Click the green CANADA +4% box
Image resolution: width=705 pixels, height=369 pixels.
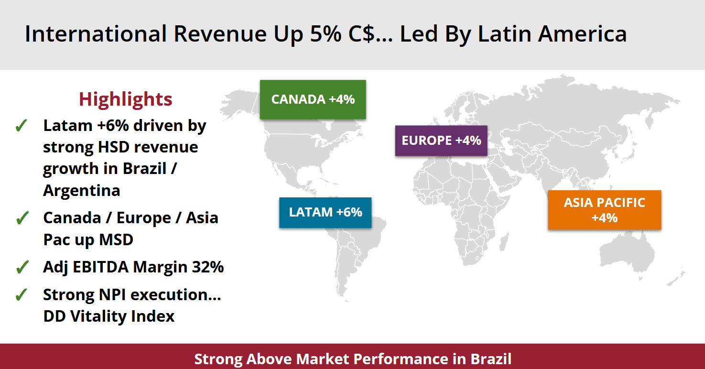tap(313, 99)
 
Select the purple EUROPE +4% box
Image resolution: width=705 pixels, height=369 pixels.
tap(441, 141)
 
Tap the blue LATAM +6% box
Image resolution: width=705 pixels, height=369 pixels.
tap(325, 212)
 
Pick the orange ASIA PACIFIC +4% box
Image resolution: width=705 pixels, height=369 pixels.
tap(604, 210)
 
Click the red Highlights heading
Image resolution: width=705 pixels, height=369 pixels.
tap(125, 99)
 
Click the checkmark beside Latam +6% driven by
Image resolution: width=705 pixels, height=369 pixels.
tap(21, 126)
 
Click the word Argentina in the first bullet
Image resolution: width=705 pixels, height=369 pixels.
tap(81, 191)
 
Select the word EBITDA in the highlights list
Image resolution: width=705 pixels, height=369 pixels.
tap(100, 267)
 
